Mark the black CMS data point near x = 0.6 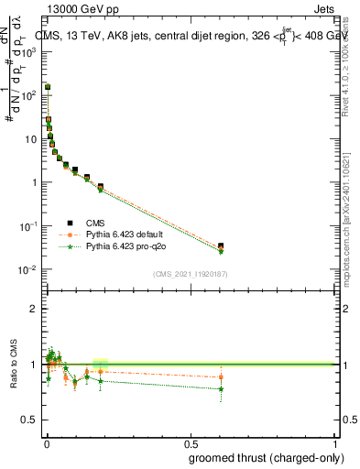221,245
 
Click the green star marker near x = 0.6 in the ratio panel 221,389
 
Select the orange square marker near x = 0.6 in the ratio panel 221,377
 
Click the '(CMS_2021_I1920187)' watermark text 190,273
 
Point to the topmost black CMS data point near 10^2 48,87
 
